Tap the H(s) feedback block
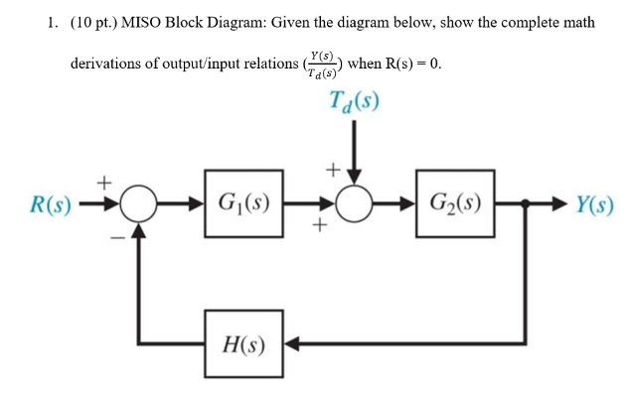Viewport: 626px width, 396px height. click(242, 345)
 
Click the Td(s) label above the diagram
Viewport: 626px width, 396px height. click(353, 102)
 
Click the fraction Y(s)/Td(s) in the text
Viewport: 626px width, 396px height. click(322, 65)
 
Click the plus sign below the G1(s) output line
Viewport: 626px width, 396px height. click(320, 229)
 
